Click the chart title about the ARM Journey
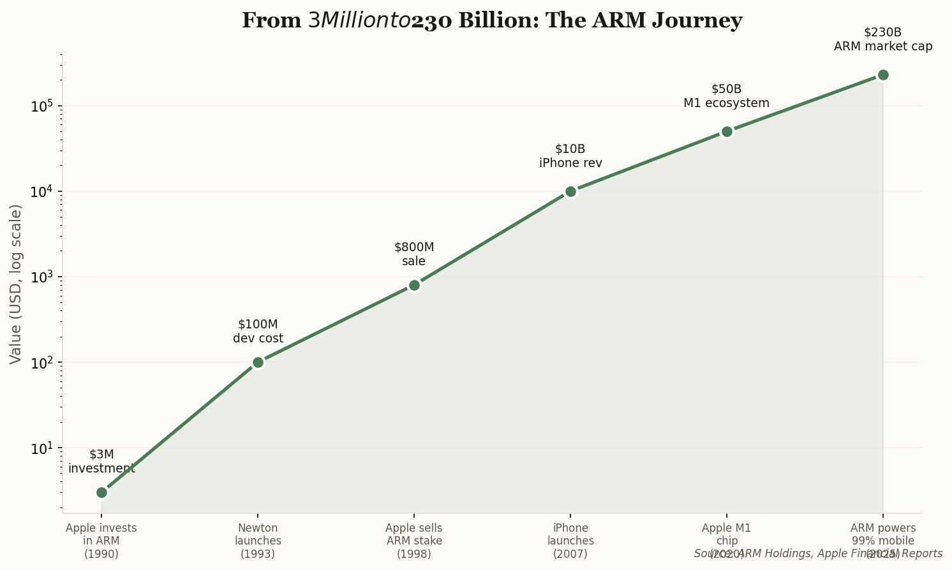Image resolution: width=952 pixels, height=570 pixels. [x=491, y=20]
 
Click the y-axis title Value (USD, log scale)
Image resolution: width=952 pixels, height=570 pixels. [x=16, y=284]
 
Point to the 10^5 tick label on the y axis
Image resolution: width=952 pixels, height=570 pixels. [x=41, y=105]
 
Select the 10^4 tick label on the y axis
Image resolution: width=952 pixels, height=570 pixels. [x=41, y=191]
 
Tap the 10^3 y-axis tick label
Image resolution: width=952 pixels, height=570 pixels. [x=41, y=276]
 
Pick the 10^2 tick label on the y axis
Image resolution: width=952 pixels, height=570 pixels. [x=41, y=362]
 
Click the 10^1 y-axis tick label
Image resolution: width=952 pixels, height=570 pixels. [x=41, y=447]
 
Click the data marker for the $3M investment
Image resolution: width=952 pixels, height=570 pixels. [x=101, y=492]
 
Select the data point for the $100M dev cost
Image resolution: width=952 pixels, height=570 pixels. [x=258, y=362]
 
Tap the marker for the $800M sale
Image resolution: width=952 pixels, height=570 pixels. [x=414, y=285]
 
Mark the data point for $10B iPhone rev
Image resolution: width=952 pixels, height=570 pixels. [x=570, y=191]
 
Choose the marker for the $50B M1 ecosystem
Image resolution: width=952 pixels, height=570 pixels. [x=727, y=131]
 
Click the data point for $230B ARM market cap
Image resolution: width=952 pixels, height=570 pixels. [x=883, y=75]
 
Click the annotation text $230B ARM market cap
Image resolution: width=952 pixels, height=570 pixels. [x=883, y=40]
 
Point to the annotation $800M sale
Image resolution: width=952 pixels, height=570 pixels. [x=414, y=254]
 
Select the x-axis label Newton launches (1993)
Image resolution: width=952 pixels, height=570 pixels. [x=258, y=541]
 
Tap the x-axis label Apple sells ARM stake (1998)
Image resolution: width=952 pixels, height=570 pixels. [x=414, y=541]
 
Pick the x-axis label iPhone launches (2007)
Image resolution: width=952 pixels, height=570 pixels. [x=570, y=541]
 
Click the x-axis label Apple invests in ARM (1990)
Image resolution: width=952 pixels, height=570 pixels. [x=101, y=541]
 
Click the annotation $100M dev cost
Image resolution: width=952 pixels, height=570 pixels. [x=258, y=332]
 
